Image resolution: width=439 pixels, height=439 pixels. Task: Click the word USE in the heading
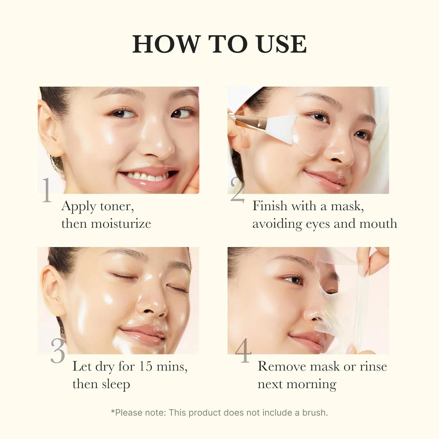[281, 44]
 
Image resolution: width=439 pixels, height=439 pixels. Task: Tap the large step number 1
[46, 190]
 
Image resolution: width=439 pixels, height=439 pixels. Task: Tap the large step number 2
[237, 191]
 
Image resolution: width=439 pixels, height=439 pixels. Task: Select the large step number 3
[58, 351]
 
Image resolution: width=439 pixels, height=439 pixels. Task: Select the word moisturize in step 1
[121, 224]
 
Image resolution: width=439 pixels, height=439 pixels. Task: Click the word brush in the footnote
[314, 413]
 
